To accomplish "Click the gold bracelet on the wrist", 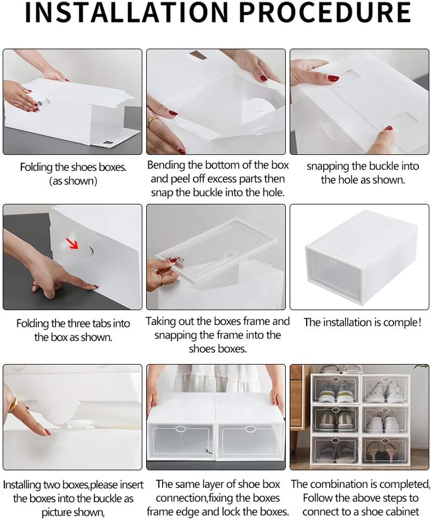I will tap(13, 405).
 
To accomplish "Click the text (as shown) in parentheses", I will tap(73, 181).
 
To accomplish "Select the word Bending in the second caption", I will tap(165, 165).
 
